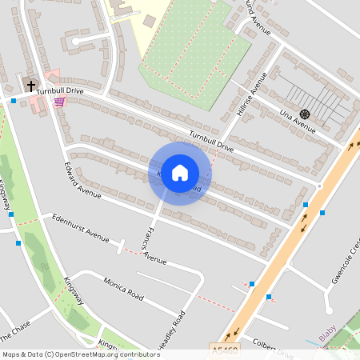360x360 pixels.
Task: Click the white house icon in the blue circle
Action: click(180, 173)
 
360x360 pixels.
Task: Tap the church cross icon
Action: click(31, 84)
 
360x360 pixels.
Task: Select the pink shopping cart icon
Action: click(58, 102)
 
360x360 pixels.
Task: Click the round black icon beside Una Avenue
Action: click(305, 114)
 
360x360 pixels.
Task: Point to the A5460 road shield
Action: click(226, 350)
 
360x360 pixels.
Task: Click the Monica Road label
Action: click(123, 289)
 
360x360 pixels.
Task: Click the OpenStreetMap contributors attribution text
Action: click(80, 354)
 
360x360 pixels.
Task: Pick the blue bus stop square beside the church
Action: click(14, 101)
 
